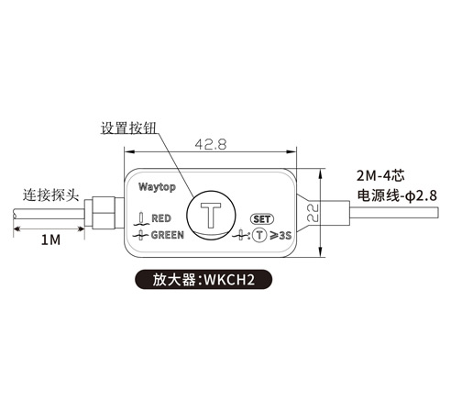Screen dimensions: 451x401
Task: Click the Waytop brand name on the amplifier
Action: click(x=157, y=187)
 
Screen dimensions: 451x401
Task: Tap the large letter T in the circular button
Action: click(x=211, y=215)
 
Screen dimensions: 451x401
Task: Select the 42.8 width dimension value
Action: click(x=211, y=144)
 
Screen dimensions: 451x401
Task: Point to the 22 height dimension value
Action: click(x=313, y=212)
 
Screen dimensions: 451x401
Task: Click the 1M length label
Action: click(x=50, y=239)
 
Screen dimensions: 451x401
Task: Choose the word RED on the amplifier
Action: click(x=161, y=218)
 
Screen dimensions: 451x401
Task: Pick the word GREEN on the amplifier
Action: click(x=168, y=235)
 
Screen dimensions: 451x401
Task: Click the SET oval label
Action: click(x=262, y=219)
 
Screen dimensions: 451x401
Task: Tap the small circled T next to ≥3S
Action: click(x=259, y=235)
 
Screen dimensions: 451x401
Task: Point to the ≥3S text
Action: click(x=280, y=236)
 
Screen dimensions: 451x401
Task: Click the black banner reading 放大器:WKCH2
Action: click(x=203, y=280)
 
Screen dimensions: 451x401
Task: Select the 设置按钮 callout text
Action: click(x=128, y=128)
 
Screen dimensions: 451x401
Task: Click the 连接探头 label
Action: click(x=51, y=195)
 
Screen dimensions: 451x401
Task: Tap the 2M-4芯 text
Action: click(x=381, y=176)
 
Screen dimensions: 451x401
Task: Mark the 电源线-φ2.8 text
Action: click(x=397, y=195)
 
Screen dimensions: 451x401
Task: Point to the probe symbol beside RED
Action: click(x=141, y=219)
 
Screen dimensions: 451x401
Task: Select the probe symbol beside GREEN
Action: click(x=141, y=235)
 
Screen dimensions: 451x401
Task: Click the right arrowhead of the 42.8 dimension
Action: click(x=291, y=151)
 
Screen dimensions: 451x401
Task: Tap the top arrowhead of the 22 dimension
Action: click(x=320, y=173)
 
